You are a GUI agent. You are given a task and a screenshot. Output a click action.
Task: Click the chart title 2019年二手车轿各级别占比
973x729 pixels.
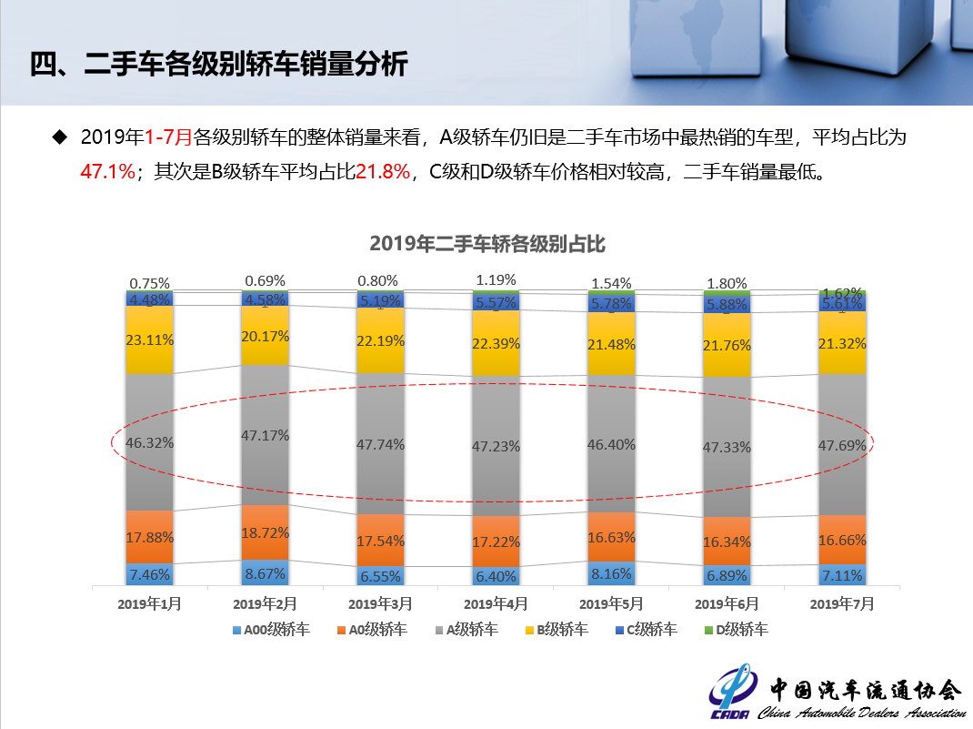click(487, 244)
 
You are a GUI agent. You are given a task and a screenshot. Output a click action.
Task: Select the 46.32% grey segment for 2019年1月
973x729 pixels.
click(150, 442)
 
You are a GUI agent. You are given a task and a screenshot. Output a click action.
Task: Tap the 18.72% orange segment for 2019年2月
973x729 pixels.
click(266, 532)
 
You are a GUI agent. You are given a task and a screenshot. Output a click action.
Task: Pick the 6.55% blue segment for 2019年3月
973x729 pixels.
click(380, 576)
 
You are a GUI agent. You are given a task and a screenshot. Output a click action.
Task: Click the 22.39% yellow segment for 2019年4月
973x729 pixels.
click(496, 342)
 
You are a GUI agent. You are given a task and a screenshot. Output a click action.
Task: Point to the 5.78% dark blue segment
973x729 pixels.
click(611, 303)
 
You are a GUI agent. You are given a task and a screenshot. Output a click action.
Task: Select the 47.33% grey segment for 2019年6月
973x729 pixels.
click(727, 447)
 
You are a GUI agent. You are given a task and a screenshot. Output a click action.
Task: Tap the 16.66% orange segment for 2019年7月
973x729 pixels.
click(842, 540)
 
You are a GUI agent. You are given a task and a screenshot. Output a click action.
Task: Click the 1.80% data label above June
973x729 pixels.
click(727, 283)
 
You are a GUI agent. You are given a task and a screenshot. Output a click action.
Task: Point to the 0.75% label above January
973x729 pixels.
click(150, 283)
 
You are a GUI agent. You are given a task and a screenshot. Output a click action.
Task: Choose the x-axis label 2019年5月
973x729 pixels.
click(611, 603)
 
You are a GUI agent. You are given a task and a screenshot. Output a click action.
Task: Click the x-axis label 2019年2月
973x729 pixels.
click(266, 603)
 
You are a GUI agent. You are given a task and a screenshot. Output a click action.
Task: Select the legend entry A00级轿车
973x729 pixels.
click(272, 629)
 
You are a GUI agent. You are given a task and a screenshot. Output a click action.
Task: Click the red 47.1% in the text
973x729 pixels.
click(107, 171)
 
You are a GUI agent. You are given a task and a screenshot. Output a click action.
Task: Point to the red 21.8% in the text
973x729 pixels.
click(383, 171)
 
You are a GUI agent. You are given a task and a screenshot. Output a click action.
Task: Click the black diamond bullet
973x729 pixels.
click(60, 137)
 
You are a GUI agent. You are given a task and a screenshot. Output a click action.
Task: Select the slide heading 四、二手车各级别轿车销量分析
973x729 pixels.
click(218, 66)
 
